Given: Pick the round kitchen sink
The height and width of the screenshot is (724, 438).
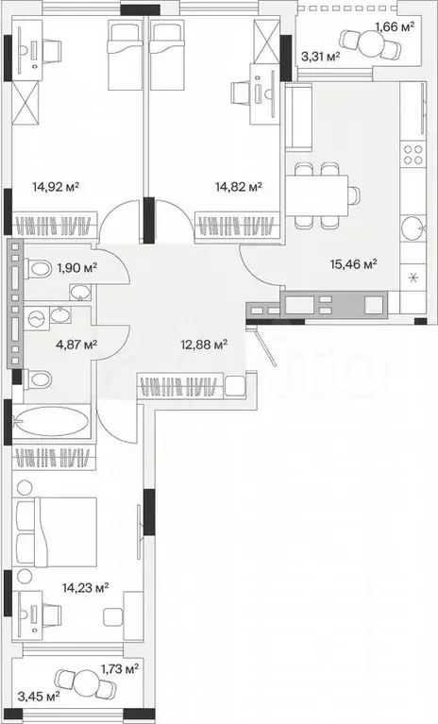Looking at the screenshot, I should tap(411, 227).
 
